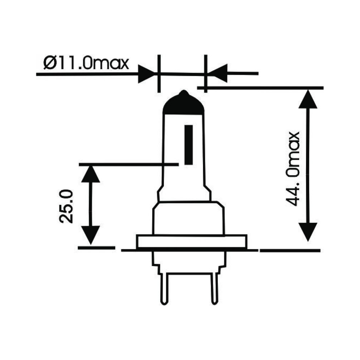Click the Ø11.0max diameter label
click(x=86, y=63)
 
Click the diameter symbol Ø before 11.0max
click(x=50, y=64)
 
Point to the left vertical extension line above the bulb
click(x=159, y=74)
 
